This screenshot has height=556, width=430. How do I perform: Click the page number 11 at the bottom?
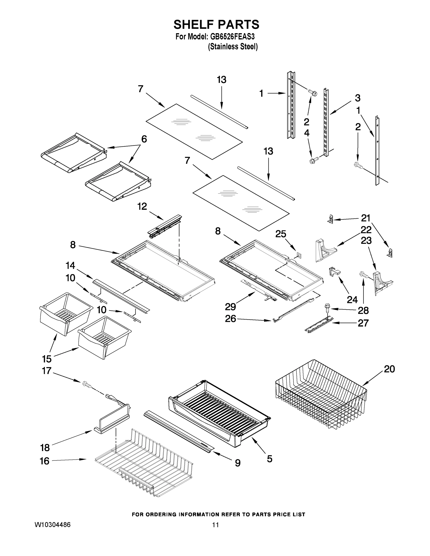coord(216,525)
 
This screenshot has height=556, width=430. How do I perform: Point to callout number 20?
coord(389,369)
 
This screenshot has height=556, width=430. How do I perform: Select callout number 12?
coord(142,206)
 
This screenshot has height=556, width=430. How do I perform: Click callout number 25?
coord(281,234)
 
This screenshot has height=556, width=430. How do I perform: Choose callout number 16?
coord(45,461)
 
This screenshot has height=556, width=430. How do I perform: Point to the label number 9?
coord(237,463)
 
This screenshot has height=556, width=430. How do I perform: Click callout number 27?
coord(363,323)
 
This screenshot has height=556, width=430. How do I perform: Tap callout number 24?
coord(352,300)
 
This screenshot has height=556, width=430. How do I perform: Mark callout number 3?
coord(358,98)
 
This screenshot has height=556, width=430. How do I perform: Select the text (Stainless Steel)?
coord(233,47)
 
